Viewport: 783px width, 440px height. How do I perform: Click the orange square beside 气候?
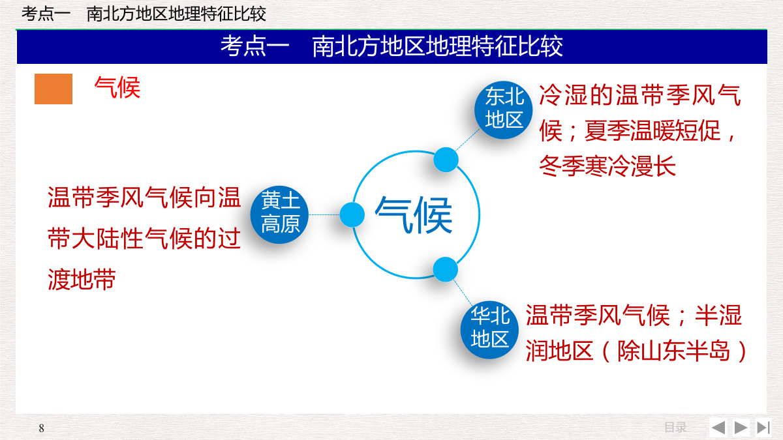pos(54,89)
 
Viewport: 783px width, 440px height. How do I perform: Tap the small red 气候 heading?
pos(117,87)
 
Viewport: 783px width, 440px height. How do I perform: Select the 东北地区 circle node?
pos(503,110)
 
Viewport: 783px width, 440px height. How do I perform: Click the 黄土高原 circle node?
pos(280,214)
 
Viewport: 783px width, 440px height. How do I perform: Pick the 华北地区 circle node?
pos(489,330)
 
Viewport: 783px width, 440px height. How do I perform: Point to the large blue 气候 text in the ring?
pos(414,215)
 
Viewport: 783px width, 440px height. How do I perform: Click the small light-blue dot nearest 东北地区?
pos(446,160)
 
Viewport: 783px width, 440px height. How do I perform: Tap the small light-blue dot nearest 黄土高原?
pos(352,214)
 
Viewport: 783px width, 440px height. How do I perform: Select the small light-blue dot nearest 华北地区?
pos(445,270)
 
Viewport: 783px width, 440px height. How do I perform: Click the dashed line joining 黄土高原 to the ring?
pos(324,214)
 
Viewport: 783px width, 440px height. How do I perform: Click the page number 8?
pos(42,428)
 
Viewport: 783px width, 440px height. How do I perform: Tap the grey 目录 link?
pos(675,428)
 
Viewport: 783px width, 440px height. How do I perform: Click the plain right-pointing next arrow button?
pos(741,428)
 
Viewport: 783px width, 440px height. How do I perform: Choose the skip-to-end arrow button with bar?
pos(763,428)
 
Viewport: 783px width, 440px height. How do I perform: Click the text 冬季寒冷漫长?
pos(607,166)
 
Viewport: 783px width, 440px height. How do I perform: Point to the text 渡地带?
pos(82,280)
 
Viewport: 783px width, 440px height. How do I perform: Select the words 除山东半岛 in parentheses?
pos(674,351)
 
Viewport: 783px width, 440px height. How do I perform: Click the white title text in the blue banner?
pos(392,46)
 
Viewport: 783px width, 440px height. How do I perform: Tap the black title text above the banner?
pos(144,14)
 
